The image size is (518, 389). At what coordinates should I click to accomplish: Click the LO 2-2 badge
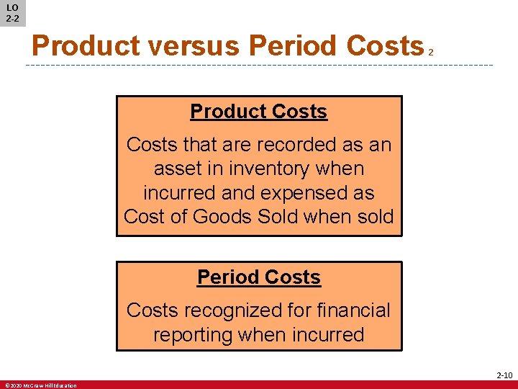(12, 13)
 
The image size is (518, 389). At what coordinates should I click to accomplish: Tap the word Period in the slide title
(294, 46)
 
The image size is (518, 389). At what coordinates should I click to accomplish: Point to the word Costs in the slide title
(384, 46)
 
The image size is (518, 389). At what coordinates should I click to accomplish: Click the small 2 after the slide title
(430, 52)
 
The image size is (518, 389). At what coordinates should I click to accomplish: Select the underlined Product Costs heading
(258, 112)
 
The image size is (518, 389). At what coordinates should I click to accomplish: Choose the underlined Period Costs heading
(258, 277)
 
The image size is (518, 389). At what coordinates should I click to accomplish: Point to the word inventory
(275, 169)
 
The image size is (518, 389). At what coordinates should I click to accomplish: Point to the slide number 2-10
(504, 375)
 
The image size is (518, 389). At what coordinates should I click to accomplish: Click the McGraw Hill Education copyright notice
(40, 385)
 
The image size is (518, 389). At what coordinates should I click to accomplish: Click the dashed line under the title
(259, 66)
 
